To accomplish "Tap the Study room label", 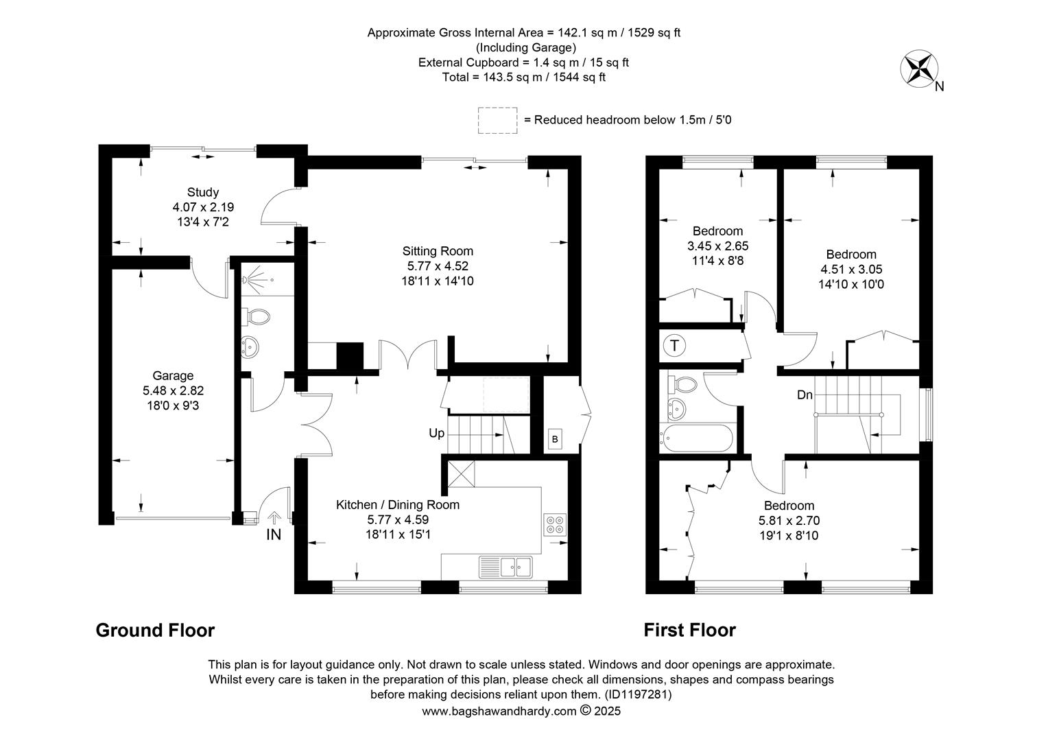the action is tap(203, 192).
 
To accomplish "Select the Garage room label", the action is tap(173, 375).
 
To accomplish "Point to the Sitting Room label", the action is tap(438, 251).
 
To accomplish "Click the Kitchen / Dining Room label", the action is tap(398, 504).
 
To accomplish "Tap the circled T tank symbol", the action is tap(674, 345).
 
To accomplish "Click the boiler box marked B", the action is tap(555, 439).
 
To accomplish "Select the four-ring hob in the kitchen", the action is tap(555, 525).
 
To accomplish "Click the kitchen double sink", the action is tap(505, 567).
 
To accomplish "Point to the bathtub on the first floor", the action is tap(696, 438).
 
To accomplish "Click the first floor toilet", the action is tap(682, 385).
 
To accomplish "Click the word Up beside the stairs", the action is tap(436, 433).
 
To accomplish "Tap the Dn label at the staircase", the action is tap(805, 395).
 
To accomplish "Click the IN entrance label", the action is tap(274, 534).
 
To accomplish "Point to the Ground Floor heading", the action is tap(155, 630).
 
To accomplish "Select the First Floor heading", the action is tap(689, 630).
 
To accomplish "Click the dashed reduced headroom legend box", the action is tap(497, 120).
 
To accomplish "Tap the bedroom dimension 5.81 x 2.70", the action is tap(789, 521).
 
